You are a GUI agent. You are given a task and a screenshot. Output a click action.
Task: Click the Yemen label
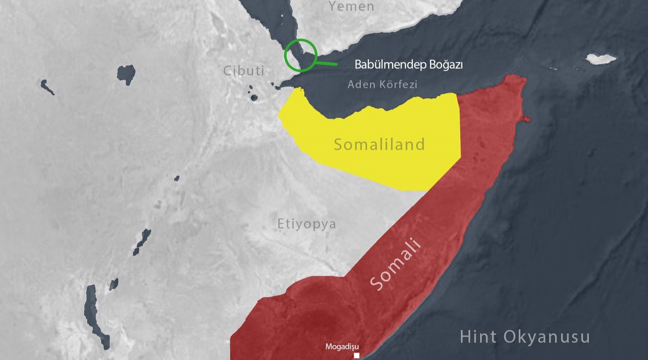(351, 7)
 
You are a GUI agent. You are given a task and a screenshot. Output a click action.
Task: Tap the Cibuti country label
(244, 71)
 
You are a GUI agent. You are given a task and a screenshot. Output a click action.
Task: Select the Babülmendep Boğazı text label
(409, 65)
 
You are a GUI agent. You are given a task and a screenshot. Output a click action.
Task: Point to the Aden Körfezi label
(382, 84)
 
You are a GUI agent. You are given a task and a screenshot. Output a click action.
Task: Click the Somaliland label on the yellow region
(379, 145)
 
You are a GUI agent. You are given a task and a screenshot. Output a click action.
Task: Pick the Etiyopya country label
(307, 224)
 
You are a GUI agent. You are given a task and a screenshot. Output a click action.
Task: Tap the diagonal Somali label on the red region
(396, 265)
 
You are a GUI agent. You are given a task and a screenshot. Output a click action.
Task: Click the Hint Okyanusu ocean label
(524, 337)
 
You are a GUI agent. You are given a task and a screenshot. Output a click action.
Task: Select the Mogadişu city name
(342, 347)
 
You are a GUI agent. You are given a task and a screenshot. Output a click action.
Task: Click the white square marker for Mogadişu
(356, 355)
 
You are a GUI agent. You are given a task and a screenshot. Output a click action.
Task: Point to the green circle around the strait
(301, 55)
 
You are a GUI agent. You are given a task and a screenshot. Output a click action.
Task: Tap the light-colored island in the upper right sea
(600, 59)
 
